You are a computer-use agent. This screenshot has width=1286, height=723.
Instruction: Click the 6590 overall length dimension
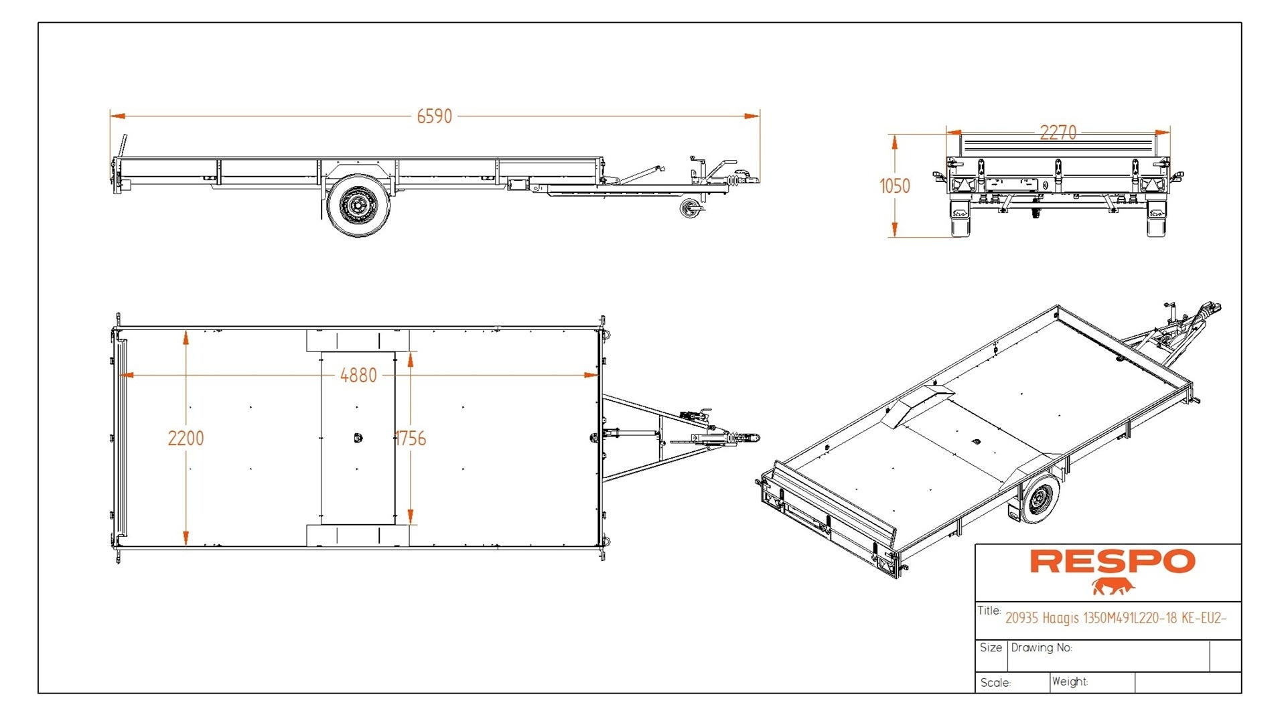click(434, 116)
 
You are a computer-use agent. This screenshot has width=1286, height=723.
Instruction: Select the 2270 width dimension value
click(1058, 133)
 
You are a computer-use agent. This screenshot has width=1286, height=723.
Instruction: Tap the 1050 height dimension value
click(895, 186)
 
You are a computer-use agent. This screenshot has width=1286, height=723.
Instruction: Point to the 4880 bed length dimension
click(358, 376)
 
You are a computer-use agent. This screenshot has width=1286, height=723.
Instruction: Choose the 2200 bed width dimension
click(186, 438)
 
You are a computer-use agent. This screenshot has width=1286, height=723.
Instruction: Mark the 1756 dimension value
click(411, 438)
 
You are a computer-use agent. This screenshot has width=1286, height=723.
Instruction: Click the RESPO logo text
click(1112, 562)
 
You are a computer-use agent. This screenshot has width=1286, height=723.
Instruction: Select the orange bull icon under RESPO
click(1113, 587)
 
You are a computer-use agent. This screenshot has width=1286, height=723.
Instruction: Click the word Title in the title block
click(989, 611)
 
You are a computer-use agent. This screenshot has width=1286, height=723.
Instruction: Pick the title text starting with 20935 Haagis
click(1115, 618)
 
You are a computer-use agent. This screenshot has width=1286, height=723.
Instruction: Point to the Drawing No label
click(1041, 647)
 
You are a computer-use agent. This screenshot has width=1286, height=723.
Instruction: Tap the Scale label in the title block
click(995, 683)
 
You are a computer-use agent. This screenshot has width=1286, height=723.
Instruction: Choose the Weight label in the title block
click(1069, 681)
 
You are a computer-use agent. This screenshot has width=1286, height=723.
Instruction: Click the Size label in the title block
click(991, 647)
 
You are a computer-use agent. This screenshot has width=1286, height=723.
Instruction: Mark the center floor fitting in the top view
click(357, 438)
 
